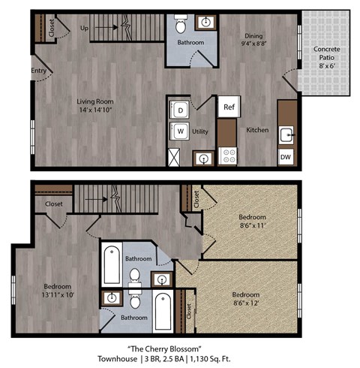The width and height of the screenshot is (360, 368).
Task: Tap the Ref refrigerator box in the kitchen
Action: pos(228,107)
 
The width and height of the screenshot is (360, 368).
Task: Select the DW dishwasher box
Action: pos(285,157)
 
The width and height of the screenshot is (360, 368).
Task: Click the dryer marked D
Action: pos(181,109)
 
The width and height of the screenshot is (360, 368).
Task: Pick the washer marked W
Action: pos(181,131)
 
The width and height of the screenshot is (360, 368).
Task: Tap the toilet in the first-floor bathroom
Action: pos(181,28)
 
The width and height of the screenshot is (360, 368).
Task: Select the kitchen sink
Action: pos(286,135)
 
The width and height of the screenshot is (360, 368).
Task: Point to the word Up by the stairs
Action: pos(85,28)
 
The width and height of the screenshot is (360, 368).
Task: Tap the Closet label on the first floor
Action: pos(51,29)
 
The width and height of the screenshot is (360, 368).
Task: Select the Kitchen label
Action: pos(257,130)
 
